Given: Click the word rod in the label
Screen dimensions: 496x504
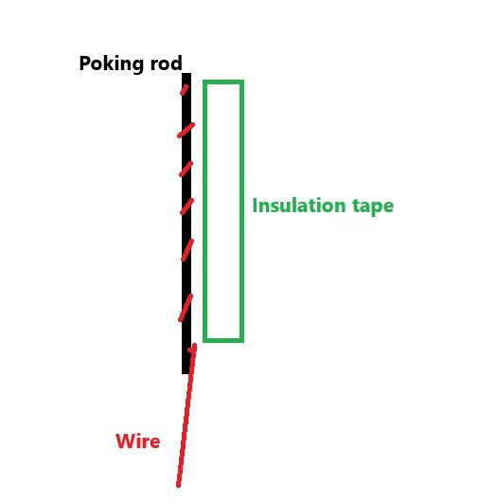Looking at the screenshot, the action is tap(167, 63).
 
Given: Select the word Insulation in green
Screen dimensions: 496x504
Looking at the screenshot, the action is tap(299, 206).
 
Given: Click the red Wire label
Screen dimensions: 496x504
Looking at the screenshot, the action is tap(138, 441).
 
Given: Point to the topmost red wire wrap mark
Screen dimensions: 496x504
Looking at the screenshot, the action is tap(184, 90).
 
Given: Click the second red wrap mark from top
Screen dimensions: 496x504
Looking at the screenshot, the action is tap(186, 130).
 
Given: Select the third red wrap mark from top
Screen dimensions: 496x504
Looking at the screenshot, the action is tap(186, 169).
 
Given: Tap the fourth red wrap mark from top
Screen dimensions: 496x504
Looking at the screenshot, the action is tap(187, 207).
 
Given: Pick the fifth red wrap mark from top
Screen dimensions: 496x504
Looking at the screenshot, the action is tap(187, 250).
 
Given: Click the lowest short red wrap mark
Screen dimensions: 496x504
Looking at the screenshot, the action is tap(186, 308).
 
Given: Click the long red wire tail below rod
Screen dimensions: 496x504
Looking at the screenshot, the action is tap(186, 415).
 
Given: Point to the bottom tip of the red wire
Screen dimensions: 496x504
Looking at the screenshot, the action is tap(178, 486).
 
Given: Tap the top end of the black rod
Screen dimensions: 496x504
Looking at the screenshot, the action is tap(186, 74).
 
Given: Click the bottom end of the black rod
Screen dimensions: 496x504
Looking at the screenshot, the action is tap(186, 373).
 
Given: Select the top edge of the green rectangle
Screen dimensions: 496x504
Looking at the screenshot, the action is tap(223, 82).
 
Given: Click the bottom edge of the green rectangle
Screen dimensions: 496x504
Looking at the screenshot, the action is tap(223, 340).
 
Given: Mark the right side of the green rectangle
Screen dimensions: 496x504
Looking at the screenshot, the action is tap(242, 211).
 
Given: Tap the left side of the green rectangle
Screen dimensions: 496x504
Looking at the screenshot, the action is tap(205, 211).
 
